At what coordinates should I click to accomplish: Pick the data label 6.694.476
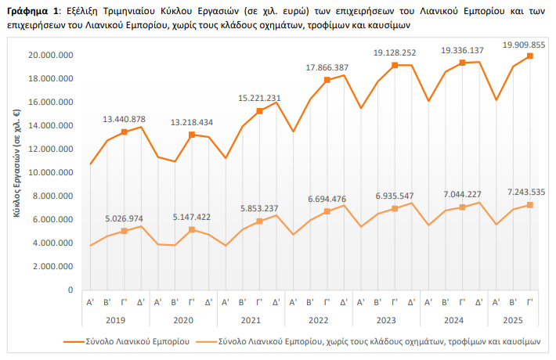(x=327, y=199)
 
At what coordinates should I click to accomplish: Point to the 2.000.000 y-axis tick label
(x=53, y=266)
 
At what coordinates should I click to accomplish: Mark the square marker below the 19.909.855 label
(x=530, y=56)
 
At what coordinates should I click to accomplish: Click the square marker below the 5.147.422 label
(x=192, y=229)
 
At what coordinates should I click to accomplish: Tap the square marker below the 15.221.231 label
(x=259, y=111)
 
